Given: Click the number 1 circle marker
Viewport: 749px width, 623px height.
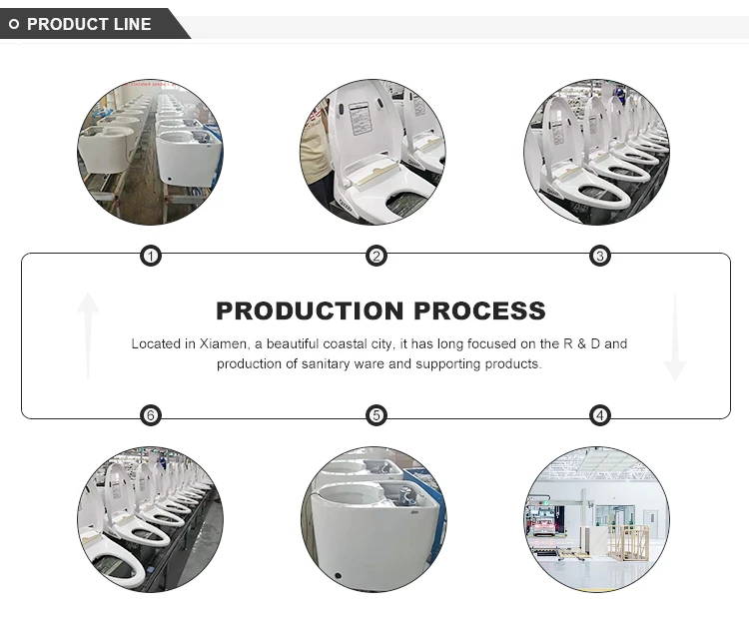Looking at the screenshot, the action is pyautogui.click(x=151, y=257).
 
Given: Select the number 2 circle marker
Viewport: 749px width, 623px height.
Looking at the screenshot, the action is pyautogui.click(x=376, y=257).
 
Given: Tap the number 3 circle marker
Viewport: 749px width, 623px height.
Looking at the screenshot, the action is pyautogui.click(x=599, y=257).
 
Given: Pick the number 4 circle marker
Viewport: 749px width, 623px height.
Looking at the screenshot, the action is pyautogui.click(x=599, y=415).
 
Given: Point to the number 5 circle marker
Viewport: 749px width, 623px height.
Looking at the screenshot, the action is pyautogui.click(x=376, y=415).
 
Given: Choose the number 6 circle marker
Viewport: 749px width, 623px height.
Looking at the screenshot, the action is pyautogui.click(x=151, y=415).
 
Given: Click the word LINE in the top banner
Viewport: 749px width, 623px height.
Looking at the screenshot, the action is pyautogui.click(x=132, y=24).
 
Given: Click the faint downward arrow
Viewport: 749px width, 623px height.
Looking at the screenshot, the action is pyautogui.click(x=675, y=335).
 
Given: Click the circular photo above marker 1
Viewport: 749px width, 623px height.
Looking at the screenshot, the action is pyautogui.click(x=150, y=153).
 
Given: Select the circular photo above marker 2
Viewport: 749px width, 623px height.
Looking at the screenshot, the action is pyautogui.click(x=373, y=153).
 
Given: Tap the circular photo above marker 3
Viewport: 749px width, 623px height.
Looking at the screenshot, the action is pyautogui.click(x=597, y=153).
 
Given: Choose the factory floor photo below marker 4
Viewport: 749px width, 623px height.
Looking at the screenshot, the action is pyautogui.click(x=597, y=519).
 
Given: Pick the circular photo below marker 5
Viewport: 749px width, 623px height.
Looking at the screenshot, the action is pyautogui.click(x=374, y=519).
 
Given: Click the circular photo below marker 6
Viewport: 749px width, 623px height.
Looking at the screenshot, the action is pyautogui.click(x=150, y=519).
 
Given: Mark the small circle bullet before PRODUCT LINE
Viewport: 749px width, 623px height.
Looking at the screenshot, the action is pyautogui.click(x=14, y=24).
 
